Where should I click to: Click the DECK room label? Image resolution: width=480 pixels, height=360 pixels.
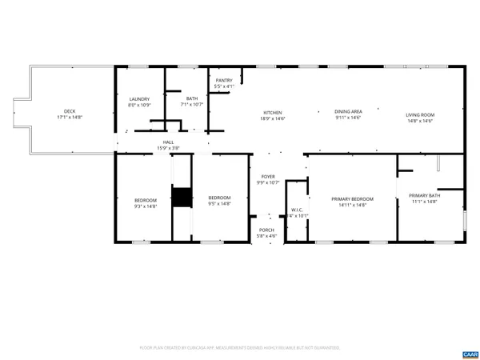[x=70, y=111]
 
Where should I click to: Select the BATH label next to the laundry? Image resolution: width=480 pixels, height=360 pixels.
[x=192, y=98]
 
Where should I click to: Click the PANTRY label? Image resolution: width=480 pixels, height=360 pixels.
[x=224, y=80]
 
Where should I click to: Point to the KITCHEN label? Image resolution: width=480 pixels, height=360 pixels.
[x=273, y=112]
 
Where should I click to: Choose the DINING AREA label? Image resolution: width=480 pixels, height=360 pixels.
[x=348, y=112]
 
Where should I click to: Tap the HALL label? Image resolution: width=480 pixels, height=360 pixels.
[x=168, y=142]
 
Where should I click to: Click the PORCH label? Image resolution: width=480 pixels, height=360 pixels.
[x=266, y=230]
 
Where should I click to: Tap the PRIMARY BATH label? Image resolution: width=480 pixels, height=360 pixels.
[x=423, y=195]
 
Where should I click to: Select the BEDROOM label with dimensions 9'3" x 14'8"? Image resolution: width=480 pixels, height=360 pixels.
[x=145, y=199]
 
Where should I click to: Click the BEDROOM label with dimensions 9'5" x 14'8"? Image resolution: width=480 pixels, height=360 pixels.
[x=219, y=198]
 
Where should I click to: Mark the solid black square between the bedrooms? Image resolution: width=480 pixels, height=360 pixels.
[x=182, y=197]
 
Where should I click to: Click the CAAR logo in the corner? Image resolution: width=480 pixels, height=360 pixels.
[x=470, y=353]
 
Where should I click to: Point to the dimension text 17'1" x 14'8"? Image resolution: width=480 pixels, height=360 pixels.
[x=70, y=118]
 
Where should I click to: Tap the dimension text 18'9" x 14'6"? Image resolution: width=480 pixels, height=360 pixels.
[x=273, y=118]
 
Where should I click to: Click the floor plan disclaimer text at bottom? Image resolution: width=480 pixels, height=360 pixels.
[x=240, y=348]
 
